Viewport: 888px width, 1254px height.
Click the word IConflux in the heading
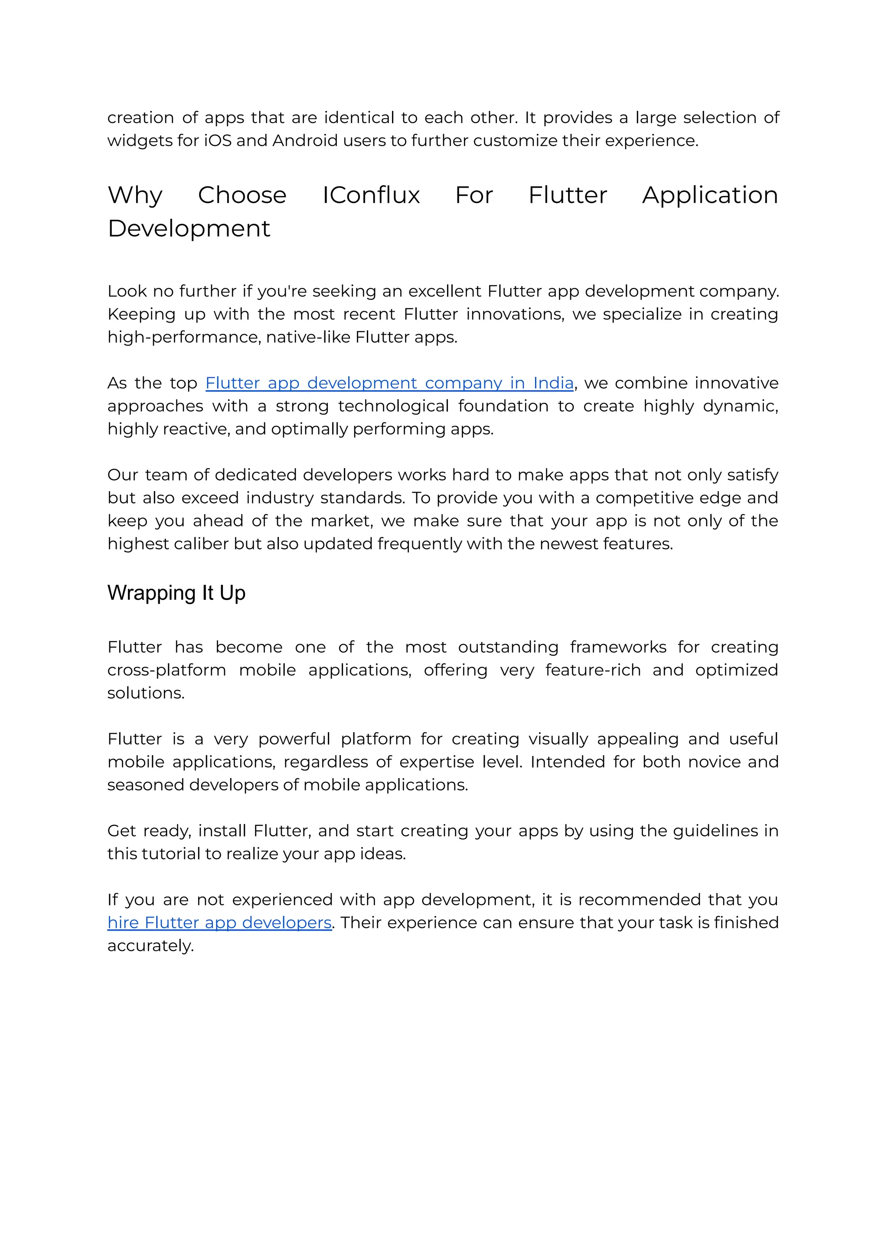click(x=371, y=195)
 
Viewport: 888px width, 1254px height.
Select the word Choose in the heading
click(x=242, y=195)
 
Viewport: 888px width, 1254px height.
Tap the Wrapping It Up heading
click(x=176, y=593)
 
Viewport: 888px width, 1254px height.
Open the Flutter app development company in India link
click(x=389, y=383)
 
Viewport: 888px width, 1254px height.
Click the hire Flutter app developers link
click(x=219, y=923)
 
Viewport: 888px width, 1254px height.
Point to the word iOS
click(x=218, y=141)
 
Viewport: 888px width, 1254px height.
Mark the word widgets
click(x=132, y=141)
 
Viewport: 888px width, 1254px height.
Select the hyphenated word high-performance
click(x=183, y=337)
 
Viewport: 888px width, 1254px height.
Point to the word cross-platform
click(x=166, y=670)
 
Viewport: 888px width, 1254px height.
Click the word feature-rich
click(x=593, y=670)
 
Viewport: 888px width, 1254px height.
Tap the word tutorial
click(x=171, y=854)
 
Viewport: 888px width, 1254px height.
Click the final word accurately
click(x=150, y=946)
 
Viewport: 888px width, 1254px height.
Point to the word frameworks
click(x=618, y=647)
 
